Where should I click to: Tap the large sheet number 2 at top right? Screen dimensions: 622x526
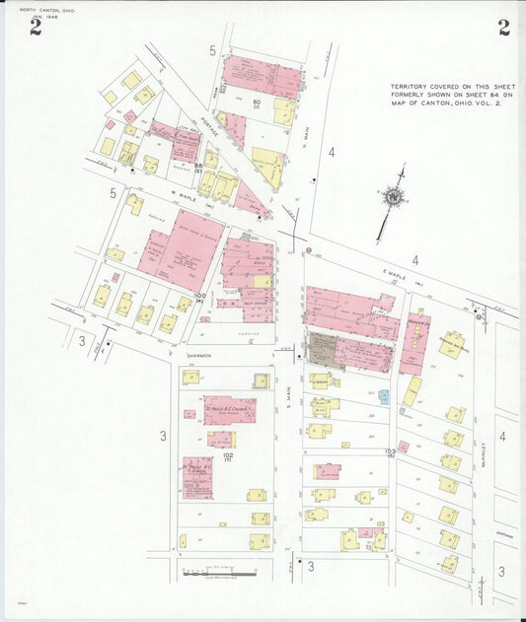point(503,28)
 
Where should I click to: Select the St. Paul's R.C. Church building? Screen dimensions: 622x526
point(230,409)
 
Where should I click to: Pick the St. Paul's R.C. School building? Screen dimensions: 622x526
point(197,477)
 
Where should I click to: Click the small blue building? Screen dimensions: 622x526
point(384,396)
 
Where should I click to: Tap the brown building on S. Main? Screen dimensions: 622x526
point(323,350)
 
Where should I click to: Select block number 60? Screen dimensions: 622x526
point(255,103)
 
